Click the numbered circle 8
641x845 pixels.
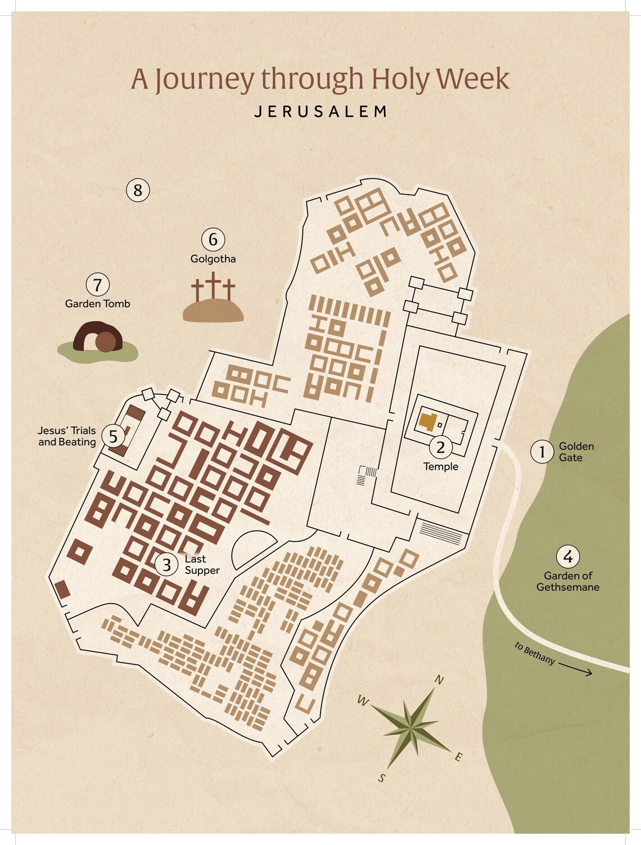point(138,190)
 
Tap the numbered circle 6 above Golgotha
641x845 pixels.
point(213,240)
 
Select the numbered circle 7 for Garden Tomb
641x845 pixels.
point(98,285)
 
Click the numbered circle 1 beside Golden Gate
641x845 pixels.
point(542,452)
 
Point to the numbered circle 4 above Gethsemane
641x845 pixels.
point(568,557)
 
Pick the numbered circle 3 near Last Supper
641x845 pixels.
point(166,564)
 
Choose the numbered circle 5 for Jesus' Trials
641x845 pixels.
point(114,437)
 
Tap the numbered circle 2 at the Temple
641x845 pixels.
point(441,447)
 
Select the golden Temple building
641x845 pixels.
point(427,421)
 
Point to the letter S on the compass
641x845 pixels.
point(382,779)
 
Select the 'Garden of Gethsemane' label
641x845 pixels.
point(568,582)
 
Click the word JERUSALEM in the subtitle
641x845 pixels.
point(321,111)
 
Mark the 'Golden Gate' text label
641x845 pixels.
point(576,452)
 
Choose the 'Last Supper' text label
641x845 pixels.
point(201,565)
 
